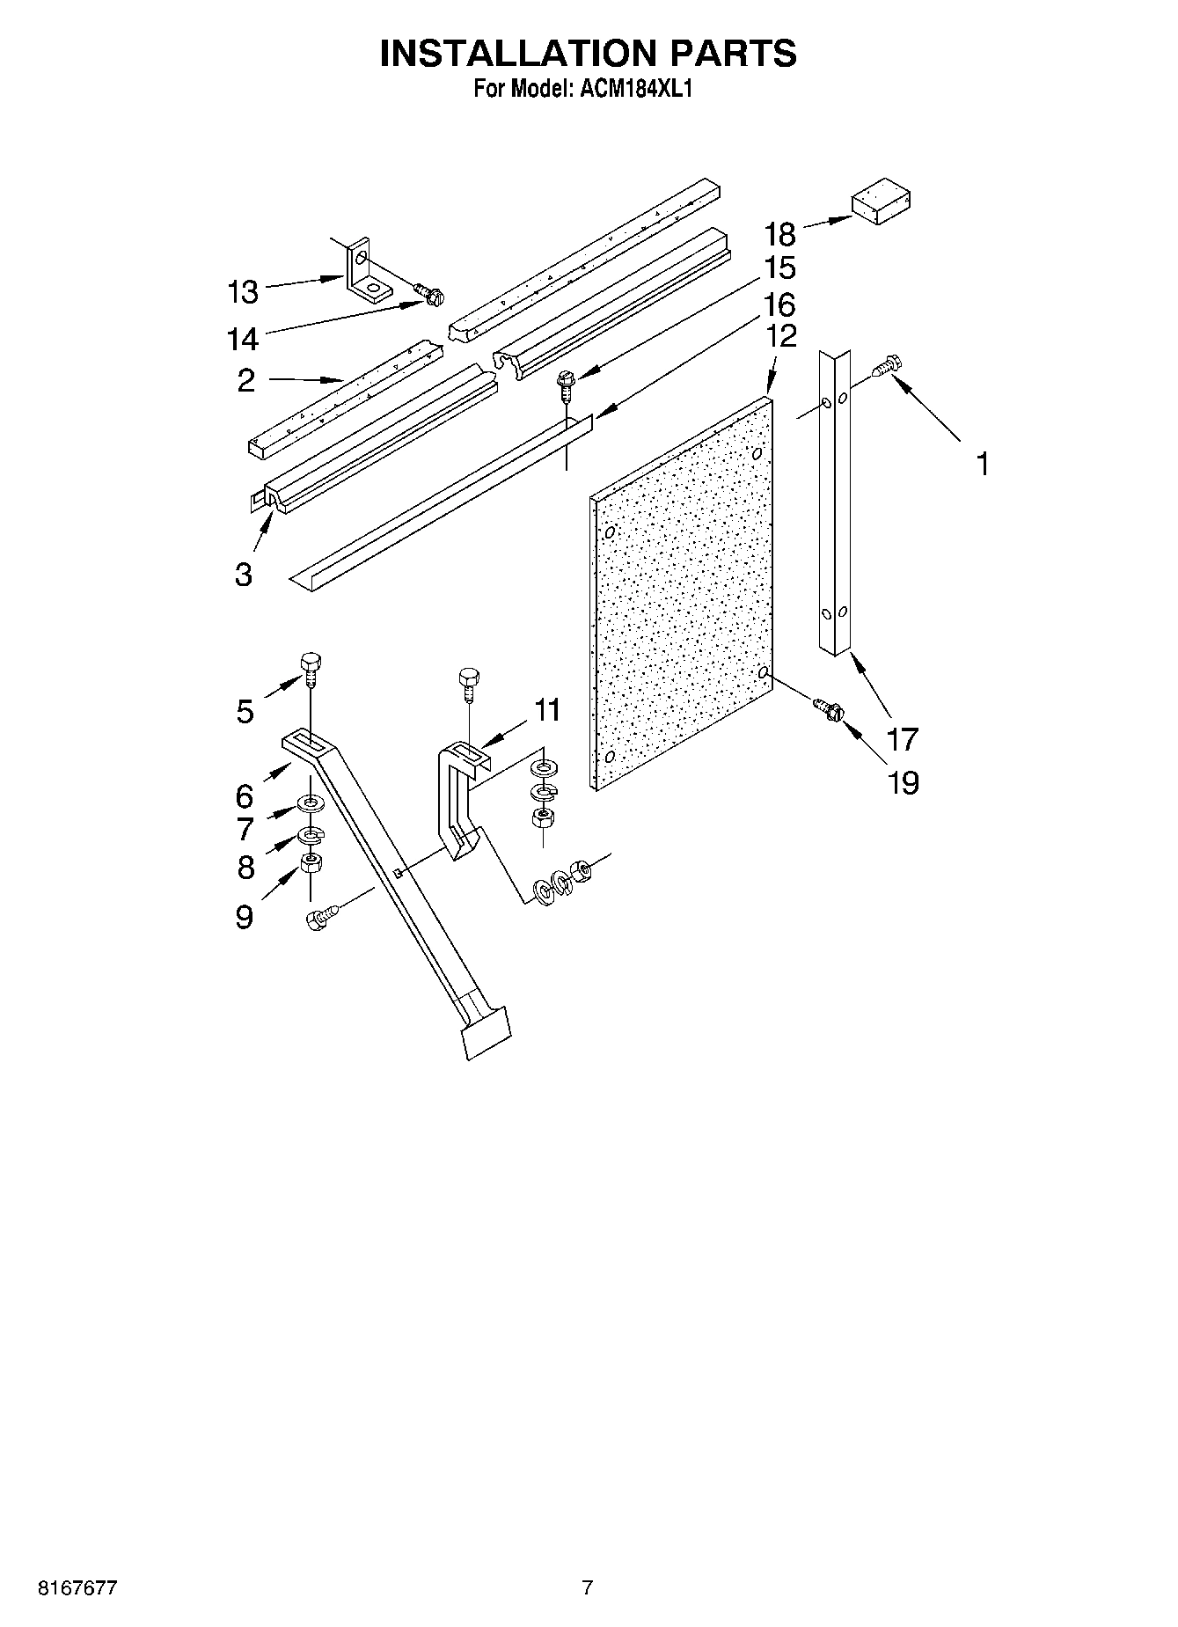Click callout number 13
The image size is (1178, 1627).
(x=243, y=291)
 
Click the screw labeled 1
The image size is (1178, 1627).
(x=885, y=367)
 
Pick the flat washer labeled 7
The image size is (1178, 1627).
(x=311, y=803)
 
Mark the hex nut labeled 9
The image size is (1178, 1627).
(x=311, y=863)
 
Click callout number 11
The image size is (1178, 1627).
(x=547, y=709)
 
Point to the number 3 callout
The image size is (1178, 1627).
(x=244, y=575)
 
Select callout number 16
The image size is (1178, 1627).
(x=780, y=304)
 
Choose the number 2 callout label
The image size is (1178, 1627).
(x=245, y=380)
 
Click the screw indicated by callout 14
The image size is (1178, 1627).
(x=429, y=296)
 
